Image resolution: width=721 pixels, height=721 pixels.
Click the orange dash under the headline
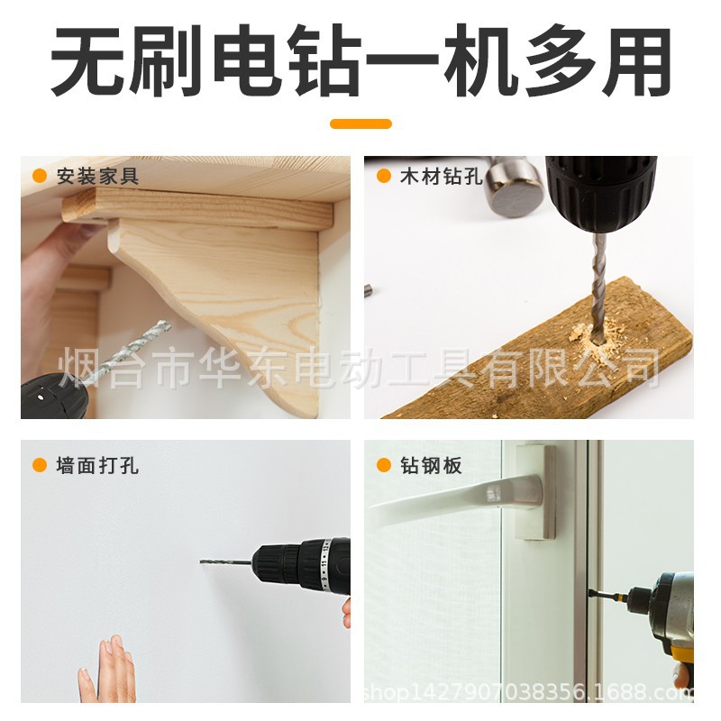point(360,123)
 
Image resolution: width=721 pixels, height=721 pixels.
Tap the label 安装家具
point(97,177)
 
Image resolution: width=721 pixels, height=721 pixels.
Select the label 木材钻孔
point(441,177)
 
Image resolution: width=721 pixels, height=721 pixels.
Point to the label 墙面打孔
point(97,465)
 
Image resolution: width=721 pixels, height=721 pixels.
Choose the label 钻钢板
point(431,465)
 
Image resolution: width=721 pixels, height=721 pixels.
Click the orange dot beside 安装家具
point(40,177)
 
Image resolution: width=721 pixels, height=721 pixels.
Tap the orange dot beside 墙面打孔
point(40,465)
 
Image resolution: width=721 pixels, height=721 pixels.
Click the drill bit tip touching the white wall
point(203,561)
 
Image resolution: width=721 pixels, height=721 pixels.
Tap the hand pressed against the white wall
point(108,671)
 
